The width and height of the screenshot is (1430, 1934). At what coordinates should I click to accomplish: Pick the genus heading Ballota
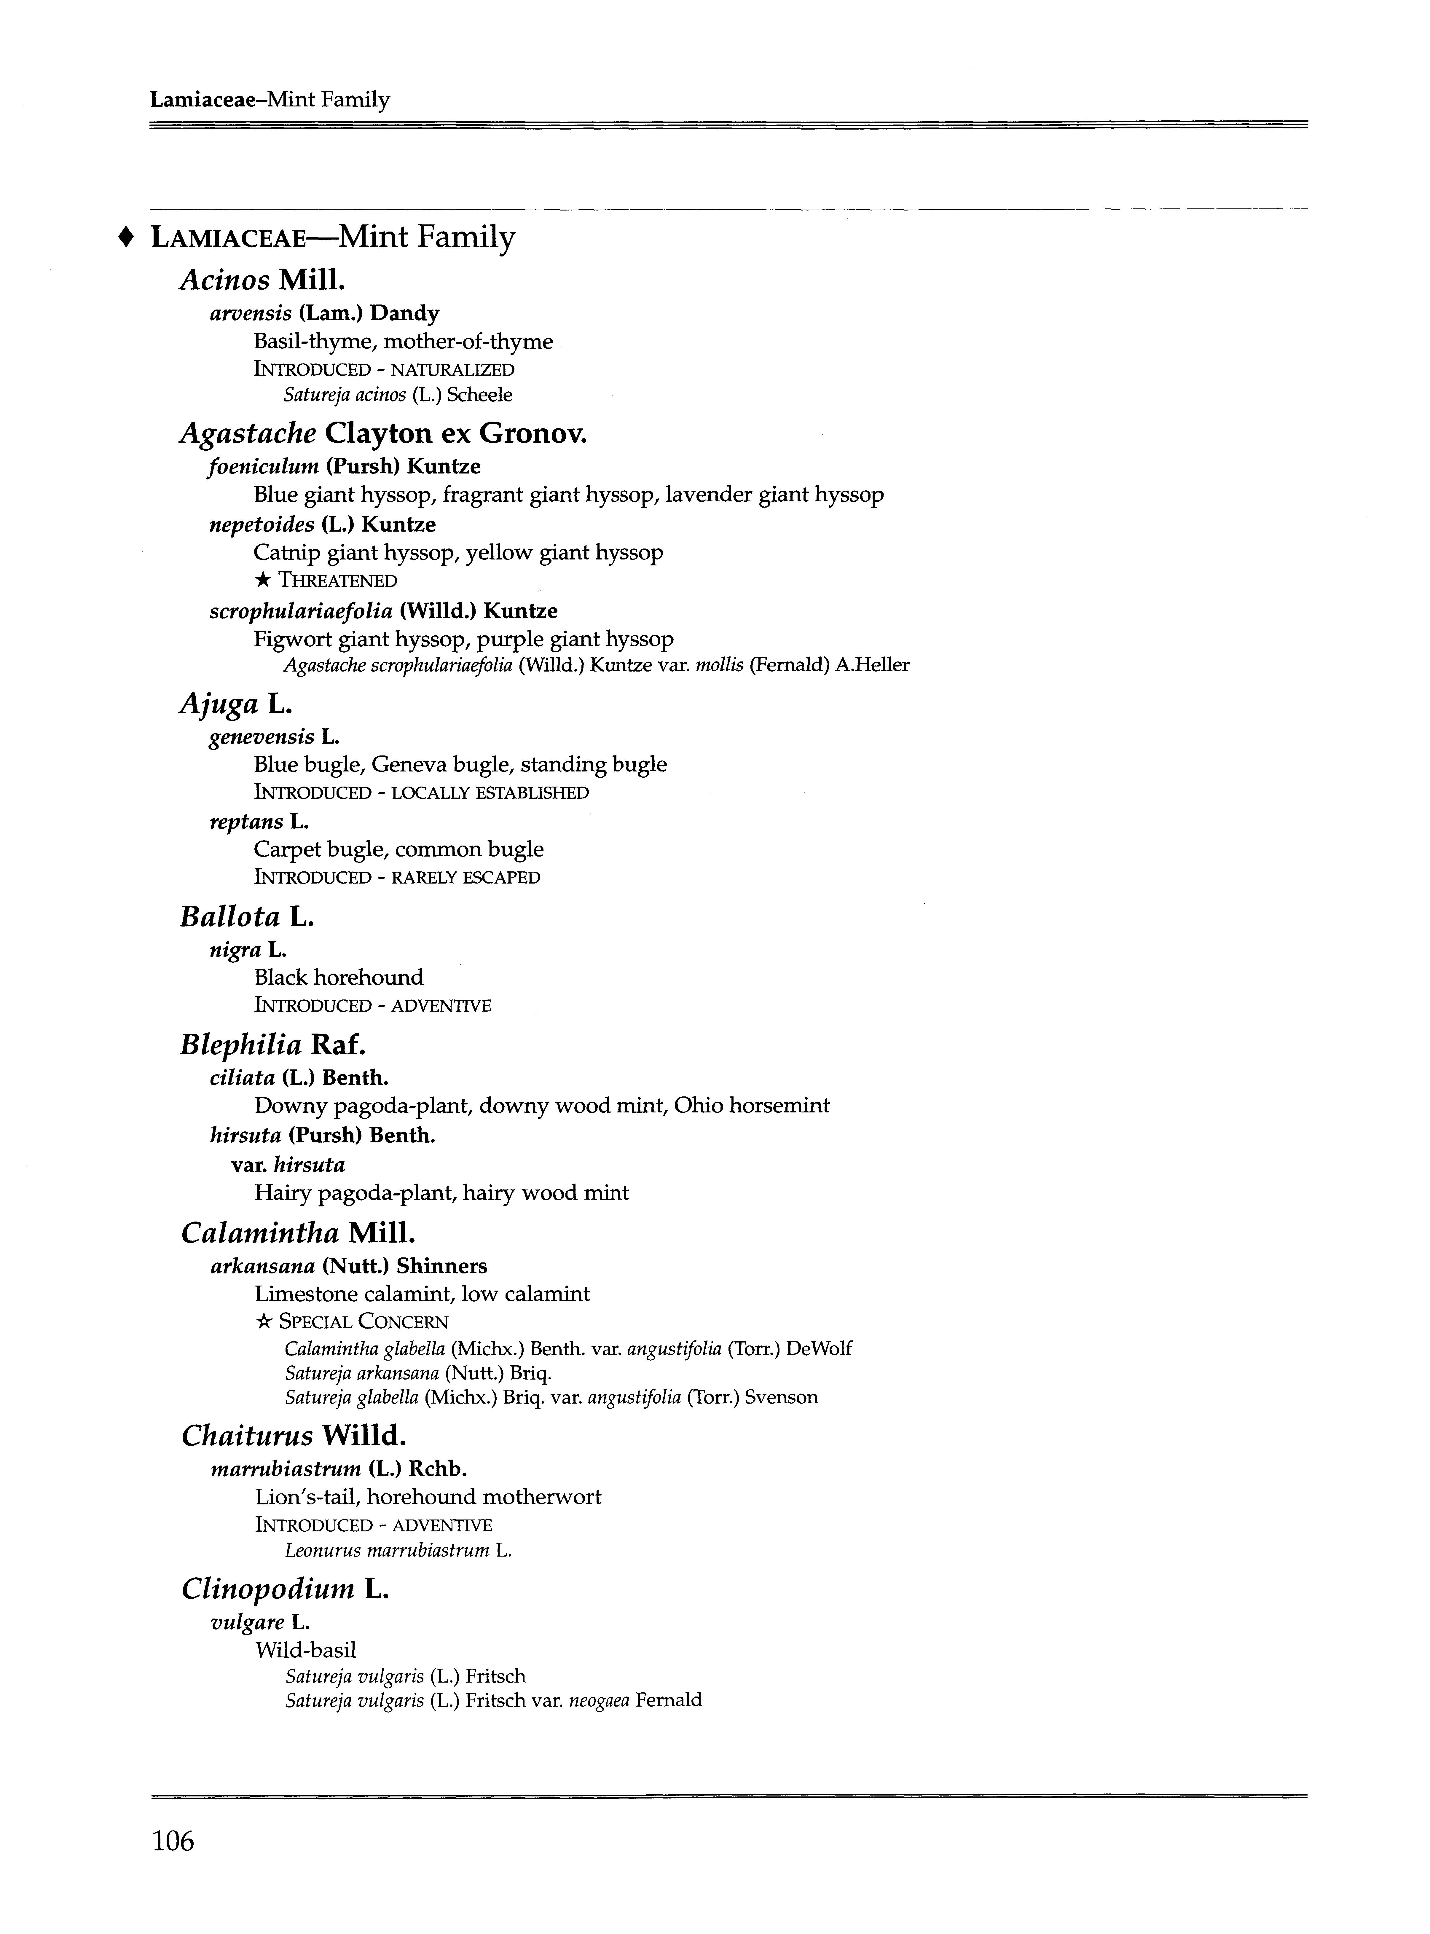click(230, 916)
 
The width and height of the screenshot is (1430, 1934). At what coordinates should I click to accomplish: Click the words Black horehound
click(339, 978)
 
